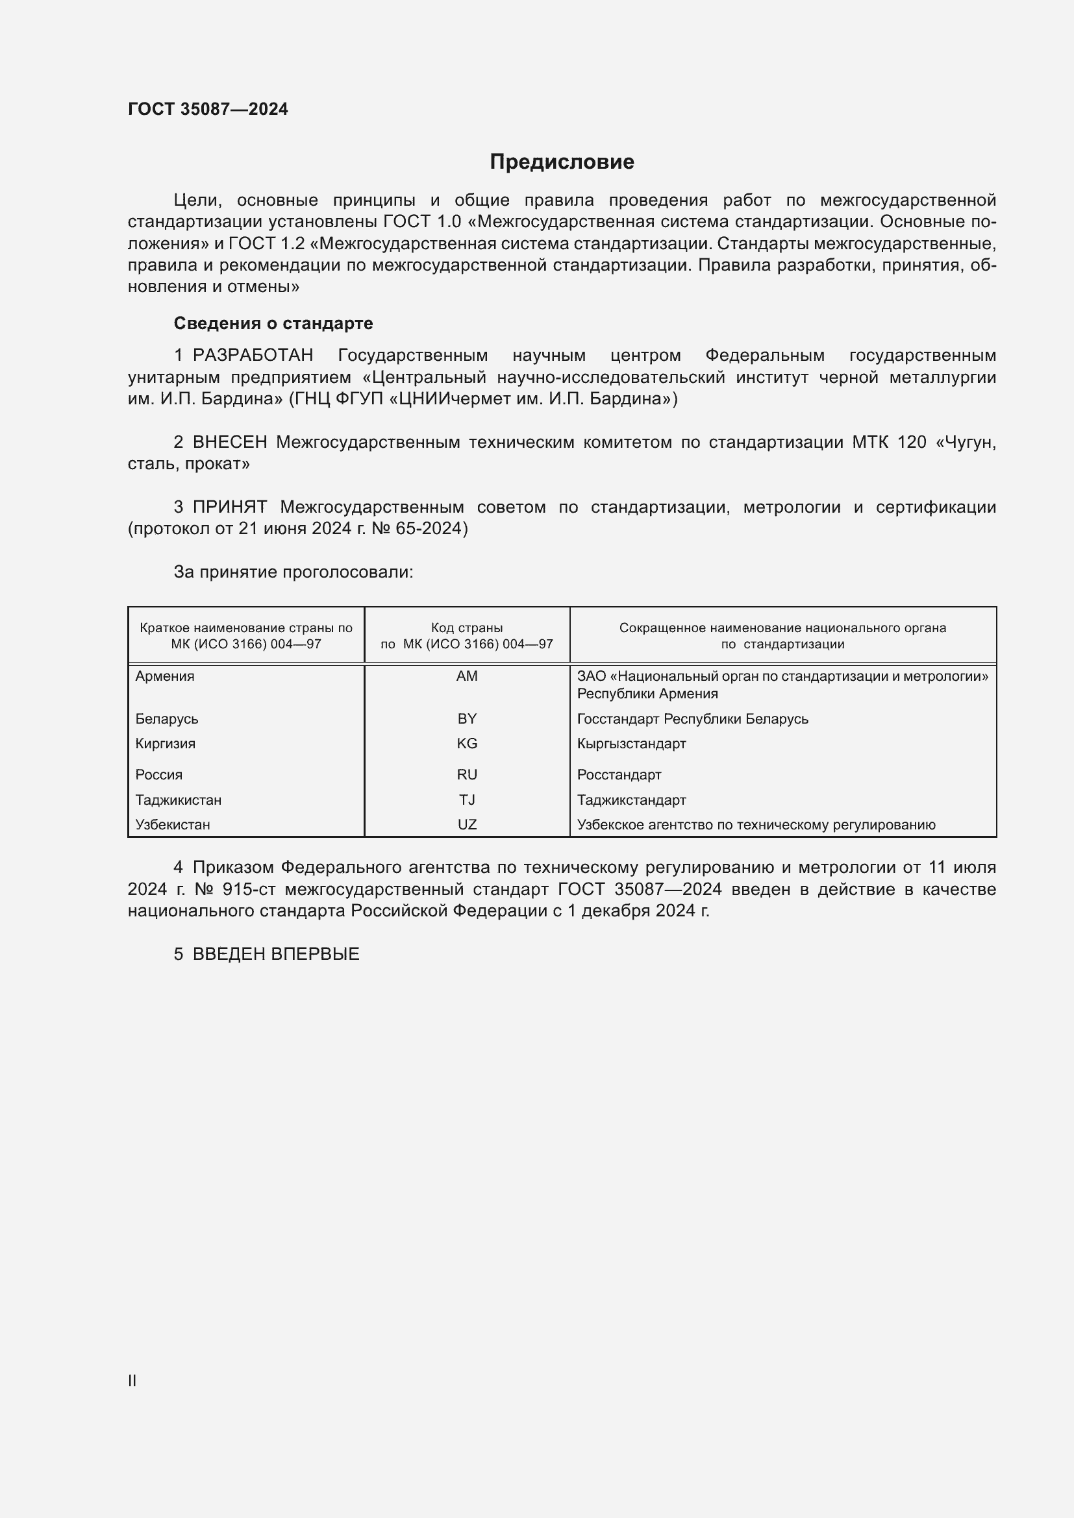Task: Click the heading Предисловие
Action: (x=562, y=162)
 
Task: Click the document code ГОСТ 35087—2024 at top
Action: (x=208, y=109)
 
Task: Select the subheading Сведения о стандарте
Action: (x=273, y=323)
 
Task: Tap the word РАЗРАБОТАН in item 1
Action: (x=253, y=356)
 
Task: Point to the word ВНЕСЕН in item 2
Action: (x=229, y=443)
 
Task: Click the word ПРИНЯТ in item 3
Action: (x=229, y=507)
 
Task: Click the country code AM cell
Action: (x=467, y=676)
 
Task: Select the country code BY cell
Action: (x=467, y=718)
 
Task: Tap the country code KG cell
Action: (x=467, y=744)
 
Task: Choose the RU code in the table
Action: (x=467, y=775)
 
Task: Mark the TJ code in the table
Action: (x=467, y=800)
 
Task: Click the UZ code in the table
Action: (x=467, y=824)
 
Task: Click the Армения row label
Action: (x=165, y=676)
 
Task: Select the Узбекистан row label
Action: (x=173, y=824)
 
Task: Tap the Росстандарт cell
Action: (x=619, y=775)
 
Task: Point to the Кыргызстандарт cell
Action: (x=632, y=744)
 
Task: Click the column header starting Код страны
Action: (x=467, y=635)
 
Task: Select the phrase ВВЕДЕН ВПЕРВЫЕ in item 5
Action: (x=276, y=954)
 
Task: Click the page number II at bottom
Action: (x=132, y=1380)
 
